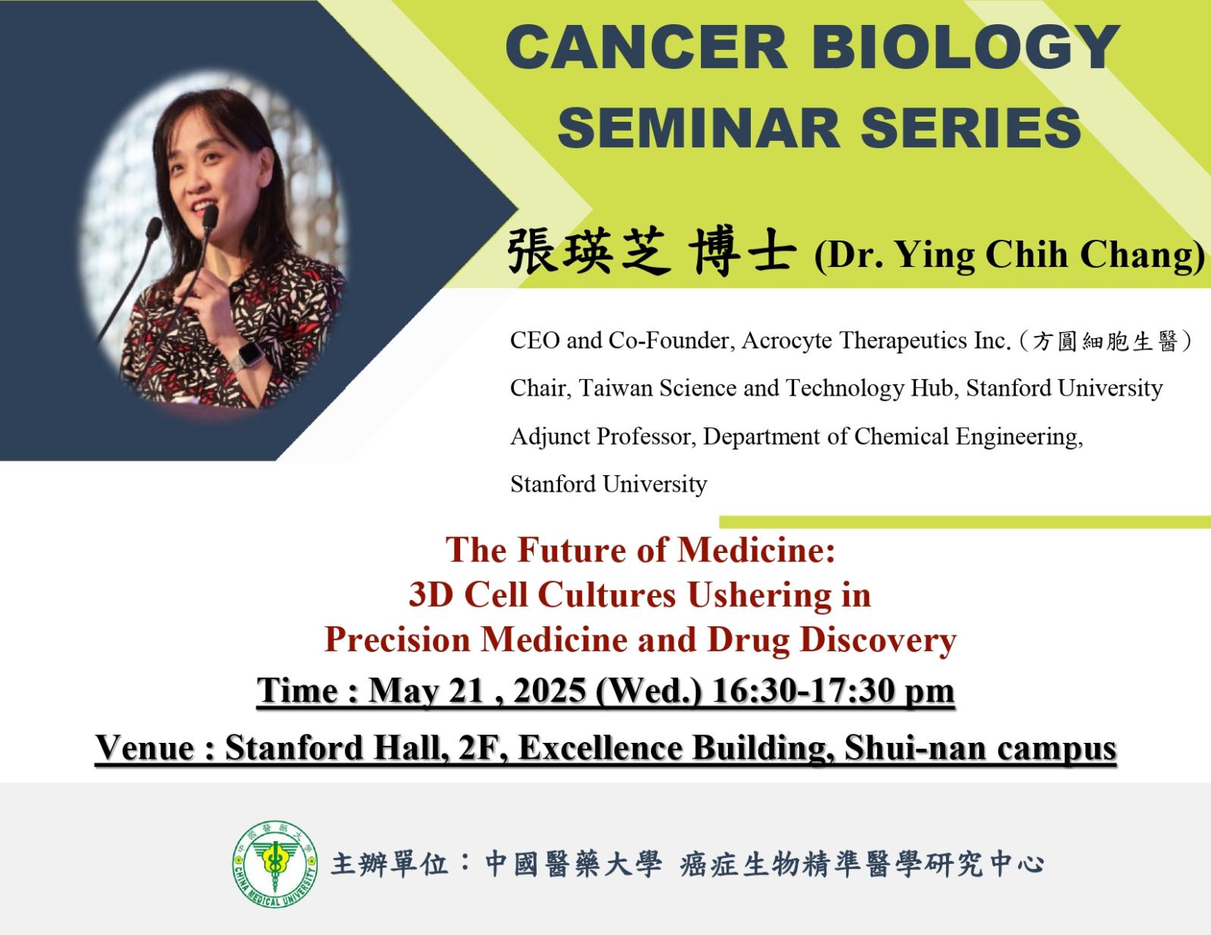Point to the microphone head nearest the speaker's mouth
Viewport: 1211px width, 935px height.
(x=210, y=216)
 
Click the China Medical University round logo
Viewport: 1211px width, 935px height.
(x=275, y=865)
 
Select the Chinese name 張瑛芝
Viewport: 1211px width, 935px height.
(x=589, y=252)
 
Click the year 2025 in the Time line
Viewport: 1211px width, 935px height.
(x=549, y=691)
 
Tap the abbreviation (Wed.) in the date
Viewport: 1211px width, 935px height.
(x=649, y=691)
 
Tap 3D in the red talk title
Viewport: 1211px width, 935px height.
(x=431, y=594)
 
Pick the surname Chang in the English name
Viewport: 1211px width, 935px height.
(x=1143, y=255)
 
